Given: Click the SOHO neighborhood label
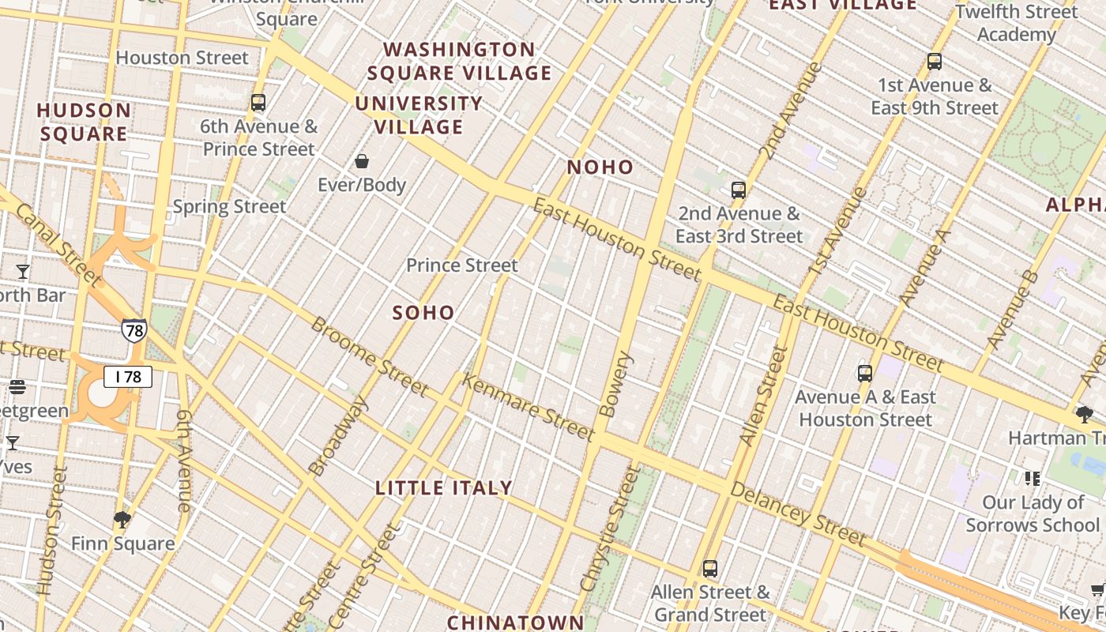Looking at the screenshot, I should coord(423,313).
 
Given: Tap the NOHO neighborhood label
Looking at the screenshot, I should coord(600,167).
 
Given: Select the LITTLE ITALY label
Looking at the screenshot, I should coord(444,488).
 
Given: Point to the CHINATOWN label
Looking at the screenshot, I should coord(515,623).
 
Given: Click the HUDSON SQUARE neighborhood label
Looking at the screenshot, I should coord(84,122).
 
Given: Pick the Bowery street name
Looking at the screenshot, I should coord(617,384).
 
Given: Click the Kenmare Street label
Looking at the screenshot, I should coord(527,408).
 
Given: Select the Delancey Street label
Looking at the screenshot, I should coord(798,514).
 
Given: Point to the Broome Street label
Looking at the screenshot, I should coord(370,356).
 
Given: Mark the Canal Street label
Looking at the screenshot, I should coord(58,244).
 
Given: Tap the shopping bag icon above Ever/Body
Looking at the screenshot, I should coord(362,162).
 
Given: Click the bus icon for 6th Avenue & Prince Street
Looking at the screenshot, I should coord(258,103).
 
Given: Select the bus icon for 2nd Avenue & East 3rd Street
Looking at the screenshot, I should coord(739,190).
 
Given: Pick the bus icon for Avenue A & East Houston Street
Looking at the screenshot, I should coord(865,374).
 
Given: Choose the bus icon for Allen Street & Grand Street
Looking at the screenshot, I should coord(710,569).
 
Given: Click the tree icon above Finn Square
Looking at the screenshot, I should coord(122,520).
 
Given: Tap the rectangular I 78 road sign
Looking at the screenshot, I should coord(128,377).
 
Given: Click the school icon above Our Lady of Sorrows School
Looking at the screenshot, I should coord(1033,479).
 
